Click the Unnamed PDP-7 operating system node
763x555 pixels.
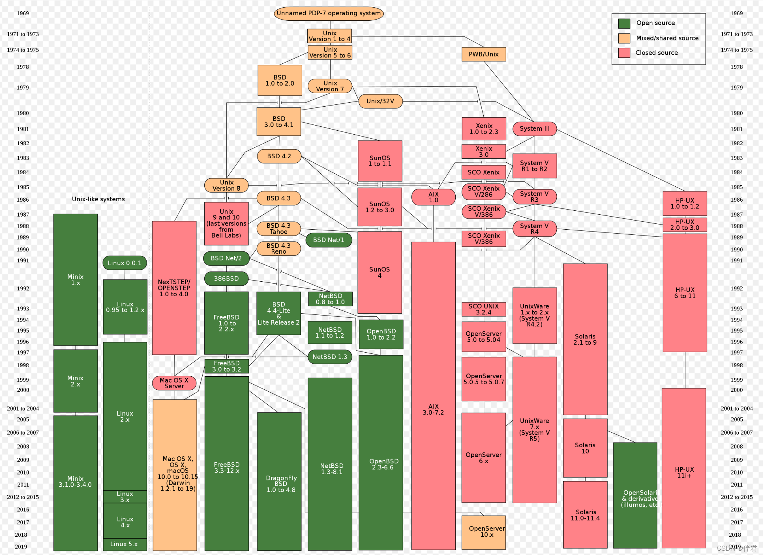[x=328, y=13]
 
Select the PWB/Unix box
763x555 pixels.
[x=483, y=54]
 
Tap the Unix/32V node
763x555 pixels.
[x=380, y=101]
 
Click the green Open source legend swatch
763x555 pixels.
[x=624, y=23]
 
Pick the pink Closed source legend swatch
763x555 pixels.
[x=624, y=53]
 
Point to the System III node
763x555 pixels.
[x=534, y=128]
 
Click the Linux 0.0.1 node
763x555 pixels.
[x=124, y=263]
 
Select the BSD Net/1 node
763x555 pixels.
[x=328, y=240]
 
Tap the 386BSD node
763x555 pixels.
[x=226, y=278]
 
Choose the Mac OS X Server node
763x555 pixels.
[x=174, y=383]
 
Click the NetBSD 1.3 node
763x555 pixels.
[x=329, y=357]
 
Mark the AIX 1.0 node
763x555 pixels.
[x=433, y=197]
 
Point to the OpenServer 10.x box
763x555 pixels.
[x=483, y=532]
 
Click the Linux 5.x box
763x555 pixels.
[x=124, y=544]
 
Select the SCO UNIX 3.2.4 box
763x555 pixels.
[x=483, y=309]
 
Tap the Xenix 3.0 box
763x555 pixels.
[x=483, y=151]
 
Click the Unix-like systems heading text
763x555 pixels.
[x=98, y=199]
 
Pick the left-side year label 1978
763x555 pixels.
[x=23, y=67]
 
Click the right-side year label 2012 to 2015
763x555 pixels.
[x=736, y=497]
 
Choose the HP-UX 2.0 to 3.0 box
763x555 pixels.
[x=684, y=225]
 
